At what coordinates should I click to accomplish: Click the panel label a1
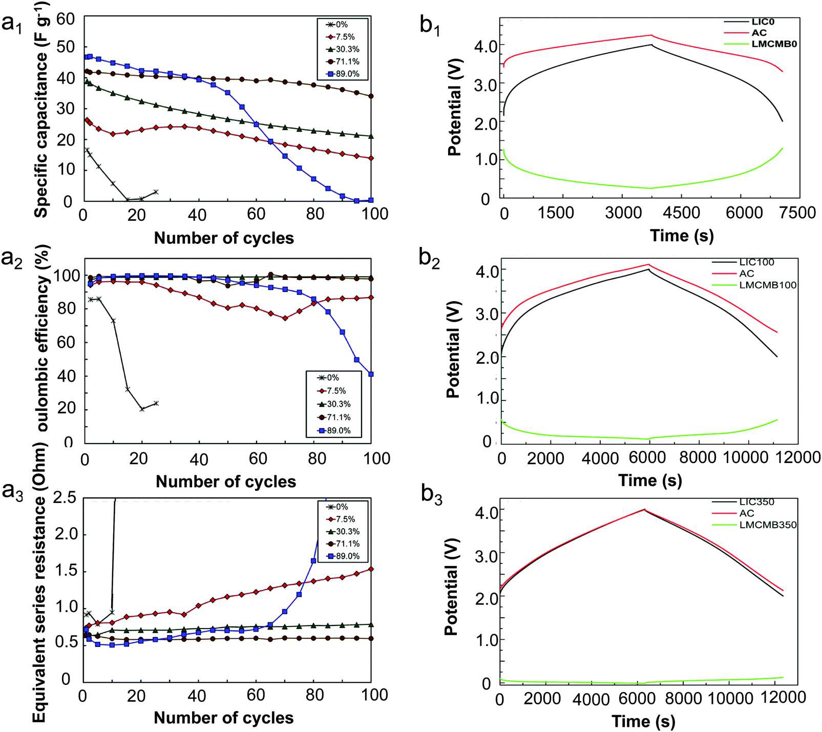(x=12, y=23)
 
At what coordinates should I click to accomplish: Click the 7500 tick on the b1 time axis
(x=797, y=213)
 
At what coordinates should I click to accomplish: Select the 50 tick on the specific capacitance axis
(x=66, y=47)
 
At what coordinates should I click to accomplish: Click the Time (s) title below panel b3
(x=643, y=721)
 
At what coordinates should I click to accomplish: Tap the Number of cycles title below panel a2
(x=226, y=482)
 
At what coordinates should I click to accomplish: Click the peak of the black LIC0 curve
(x=651, y=45)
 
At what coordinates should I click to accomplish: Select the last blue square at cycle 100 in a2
(x=371, y=374)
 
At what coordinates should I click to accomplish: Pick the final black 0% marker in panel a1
(x=156, y=192)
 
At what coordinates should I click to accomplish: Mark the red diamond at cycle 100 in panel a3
(x=371, y=569)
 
